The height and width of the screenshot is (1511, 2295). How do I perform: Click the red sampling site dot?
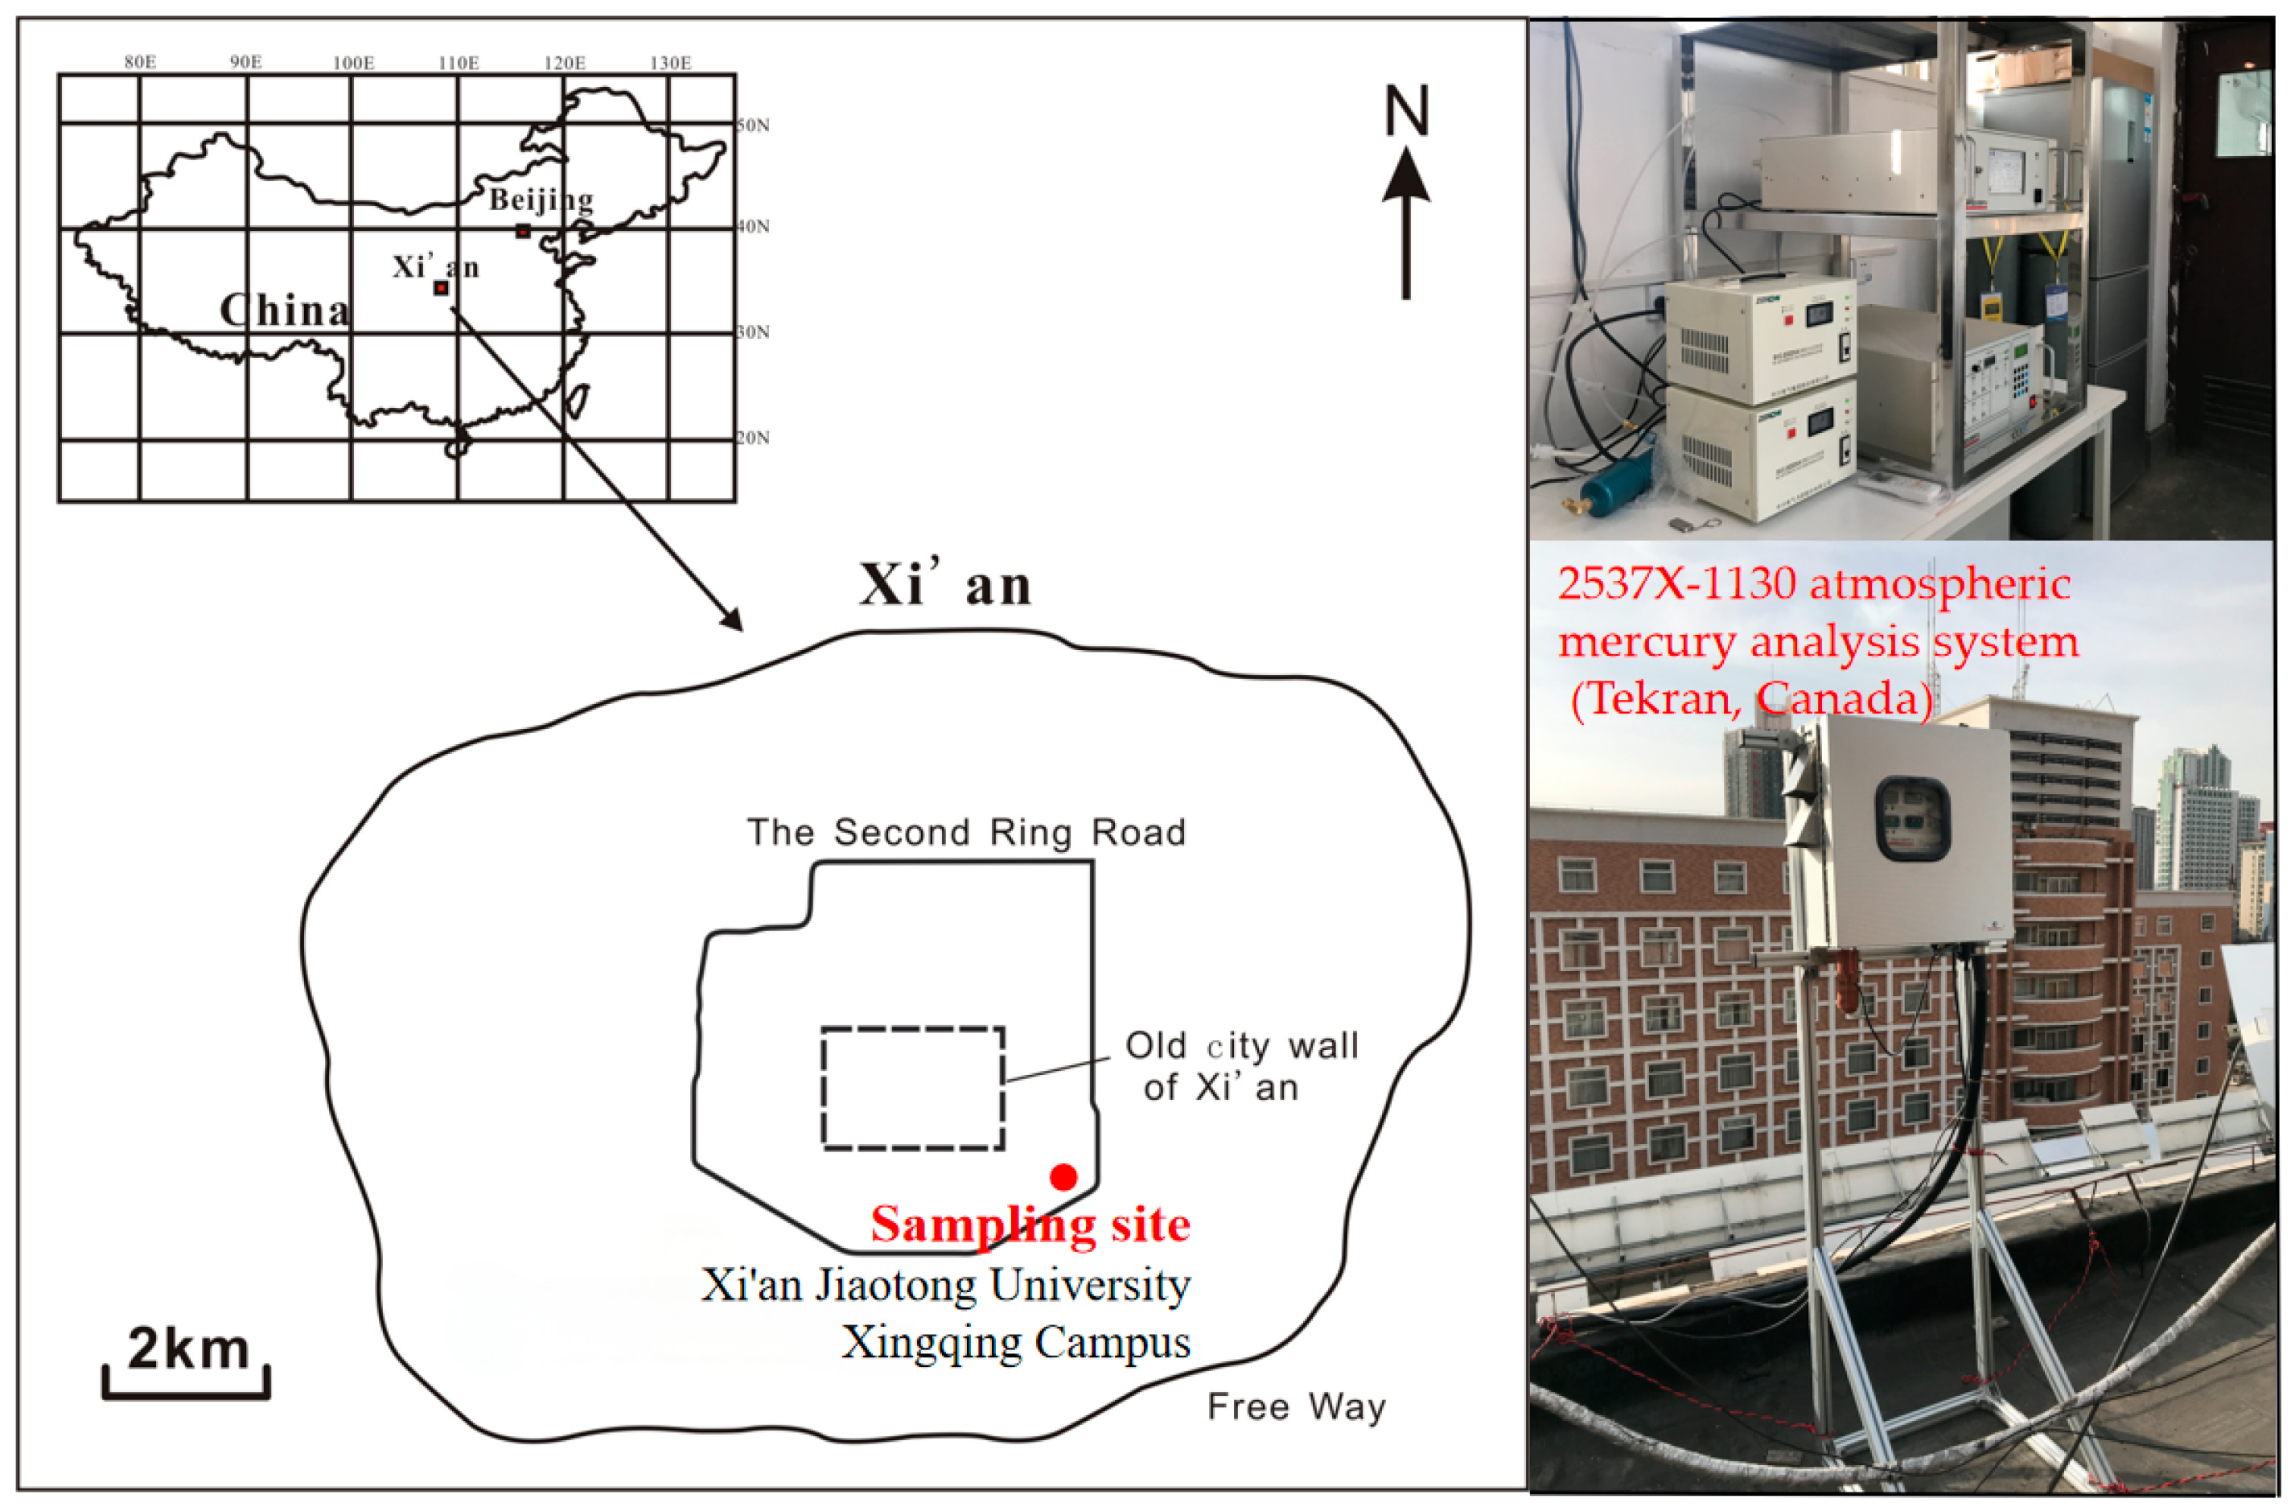(x=1063, y=1176)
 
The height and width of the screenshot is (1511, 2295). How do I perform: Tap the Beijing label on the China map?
(x=540, y=200)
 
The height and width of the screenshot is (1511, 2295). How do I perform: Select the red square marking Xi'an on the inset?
(x=441, y=287)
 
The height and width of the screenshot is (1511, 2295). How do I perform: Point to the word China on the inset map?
(x=285, y=311)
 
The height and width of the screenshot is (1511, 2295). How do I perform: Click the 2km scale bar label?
(x=188, y=1348)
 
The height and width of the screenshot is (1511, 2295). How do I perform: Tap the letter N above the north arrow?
(x=1406, y=112)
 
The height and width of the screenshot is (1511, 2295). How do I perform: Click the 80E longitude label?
(x=140, y=63)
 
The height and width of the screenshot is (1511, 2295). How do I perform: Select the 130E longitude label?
(x=670, y=63)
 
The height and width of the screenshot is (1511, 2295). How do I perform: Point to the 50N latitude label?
(x=753, y=126)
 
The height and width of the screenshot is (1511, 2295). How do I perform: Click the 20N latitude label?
(x=753, y=438)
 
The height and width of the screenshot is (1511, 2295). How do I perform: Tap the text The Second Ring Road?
(x=966, y=832)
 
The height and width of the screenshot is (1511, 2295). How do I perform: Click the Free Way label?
(x=1296, y=1407)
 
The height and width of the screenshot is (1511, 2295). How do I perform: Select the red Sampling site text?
(x=1030, y=1225)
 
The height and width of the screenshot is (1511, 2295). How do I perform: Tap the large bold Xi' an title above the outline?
(x=945, y=584)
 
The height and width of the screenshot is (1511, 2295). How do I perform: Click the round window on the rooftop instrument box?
(x=1911, y=817)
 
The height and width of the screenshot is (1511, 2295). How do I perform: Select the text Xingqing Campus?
(x=1015, y=1342)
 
